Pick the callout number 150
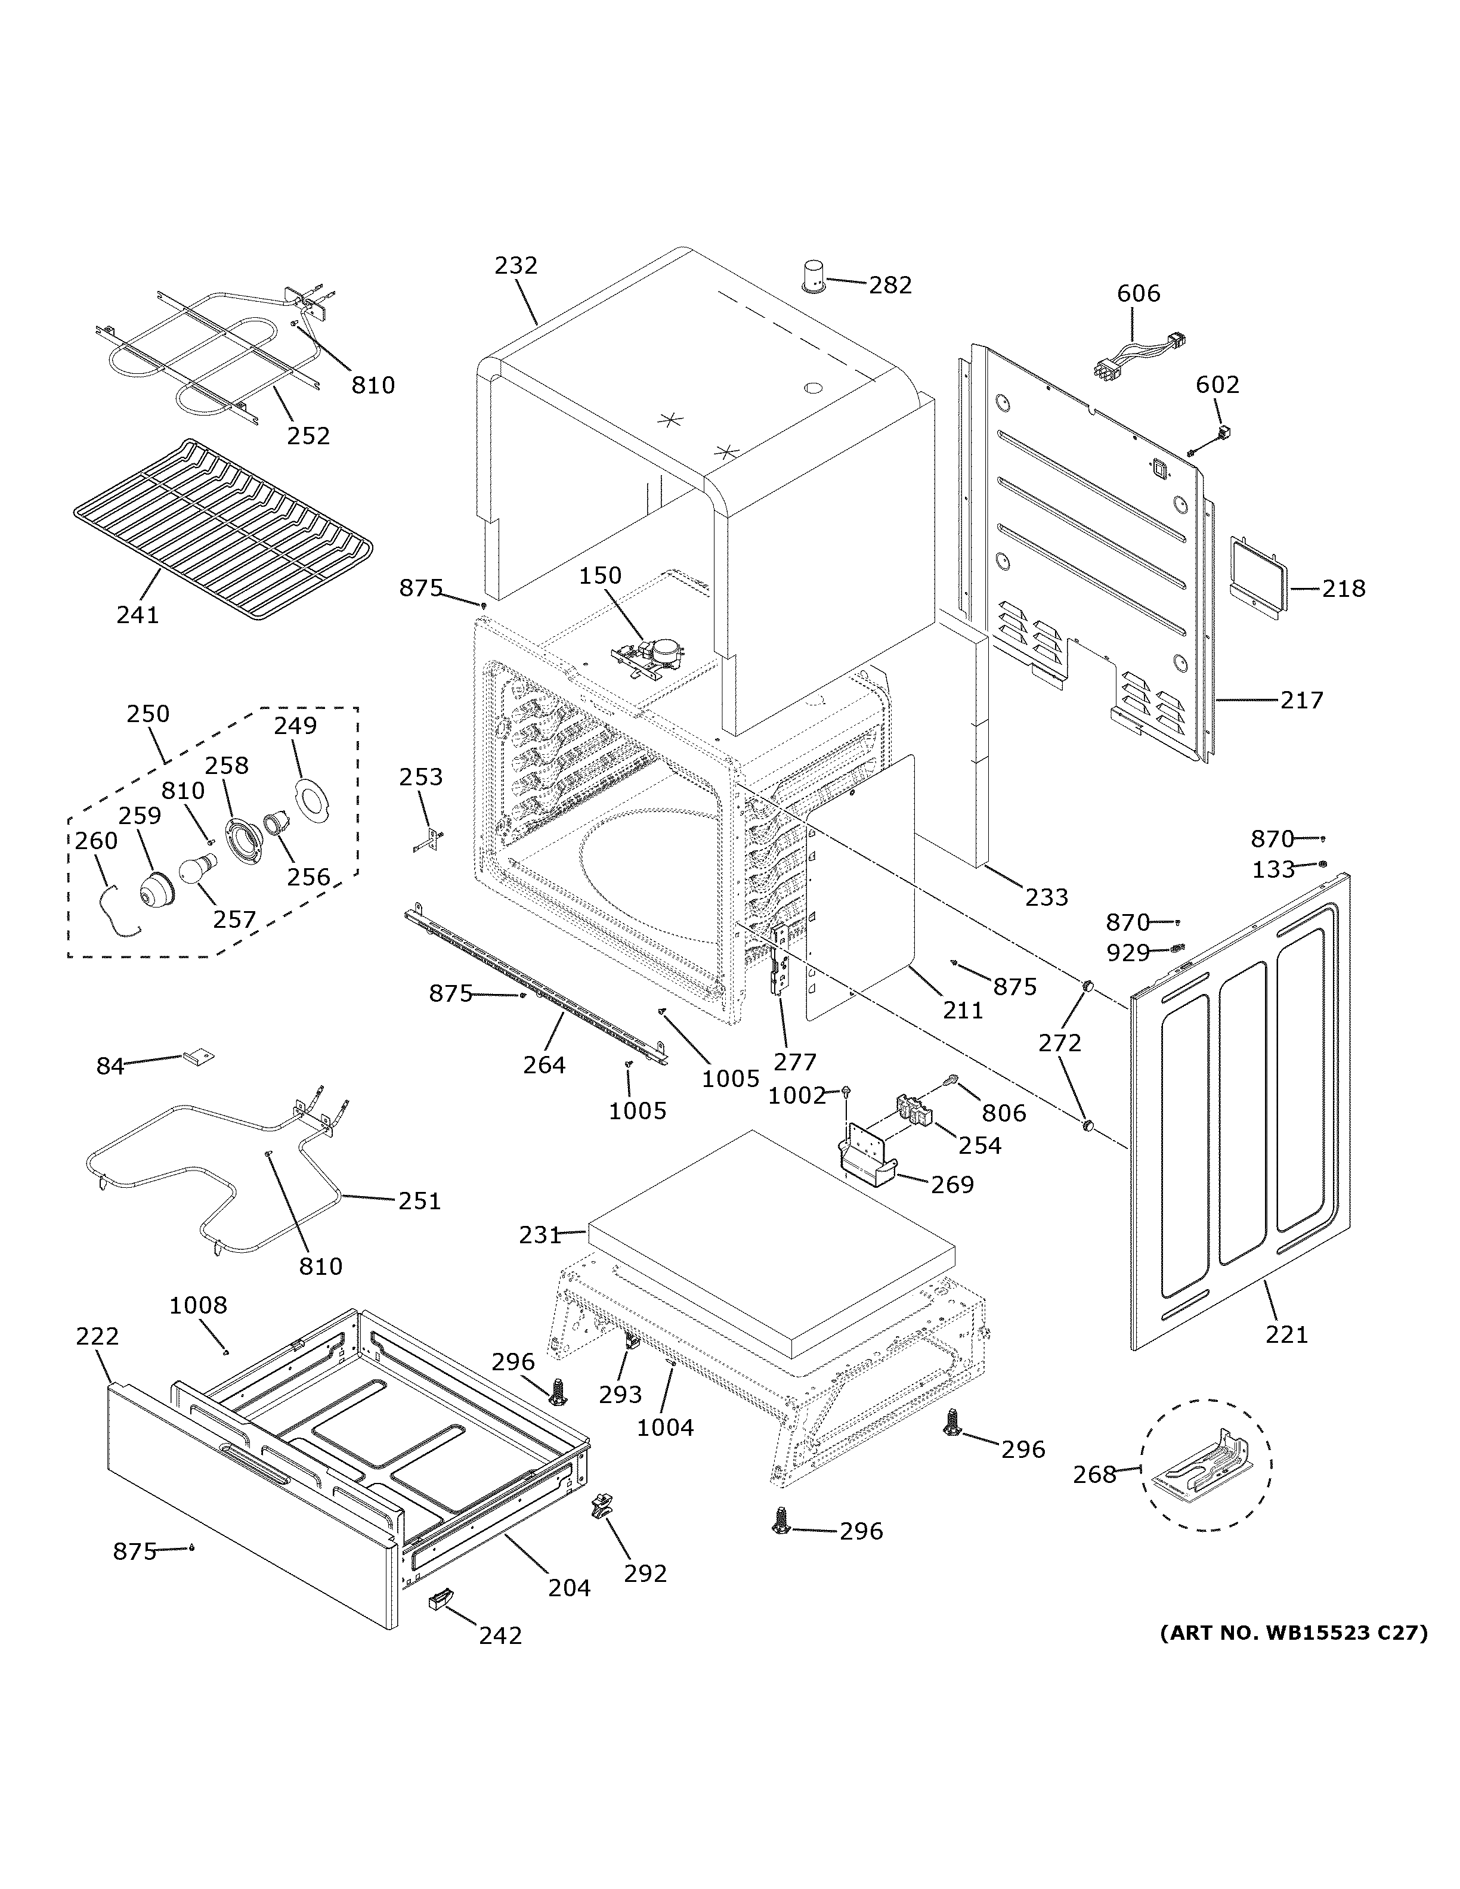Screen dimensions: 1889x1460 [600, 575]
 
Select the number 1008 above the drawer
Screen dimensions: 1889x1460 [198, 1305]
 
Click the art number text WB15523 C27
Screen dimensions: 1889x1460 [1293, 1633]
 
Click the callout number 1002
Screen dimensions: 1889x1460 [797, 1096]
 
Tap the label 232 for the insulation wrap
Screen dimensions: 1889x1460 [516, 265]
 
